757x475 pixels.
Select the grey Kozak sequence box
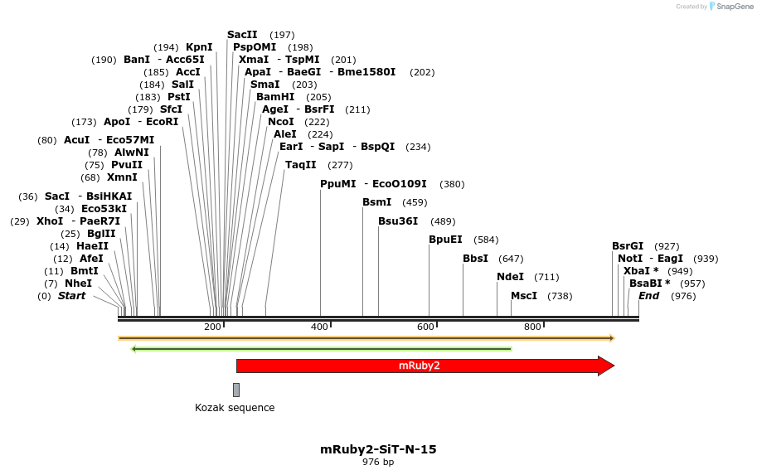click(x=236, y=390)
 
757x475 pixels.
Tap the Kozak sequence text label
click(x=235, y=408)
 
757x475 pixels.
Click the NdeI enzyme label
click(x=510, y=277)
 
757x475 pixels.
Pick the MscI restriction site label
click(x=524, y=296)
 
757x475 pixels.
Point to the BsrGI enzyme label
click(x=628, y=246)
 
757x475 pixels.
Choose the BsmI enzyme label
click(x=377, y=202)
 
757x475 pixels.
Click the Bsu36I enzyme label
click(x=398, y=221)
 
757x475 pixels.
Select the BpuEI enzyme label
click(x=445, y=240)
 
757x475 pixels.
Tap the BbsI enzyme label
click(x=476, y=259)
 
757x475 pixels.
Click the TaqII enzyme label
click(x=301, y=165)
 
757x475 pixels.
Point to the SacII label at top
click(x=242, y=35)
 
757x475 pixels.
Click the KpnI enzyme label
click(x=199, y=47)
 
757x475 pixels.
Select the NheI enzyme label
click(x=78, y=284)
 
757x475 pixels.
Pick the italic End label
click(x=649, y=296)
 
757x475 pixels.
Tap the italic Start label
click(x=71, y=296)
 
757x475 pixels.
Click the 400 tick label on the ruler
click(x=319, y=327)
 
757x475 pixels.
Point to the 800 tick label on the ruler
click(x=532, y=327)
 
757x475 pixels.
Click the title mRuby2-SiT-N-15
click(x=378, y=449)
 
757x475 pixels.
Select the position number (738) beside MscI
click(x=560, y=296)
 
